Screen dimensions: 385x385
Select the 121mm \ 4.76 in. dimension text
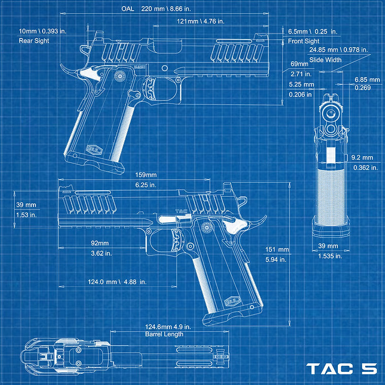click(200, 21)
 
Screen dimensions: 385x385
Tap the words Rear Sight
click(34, 41)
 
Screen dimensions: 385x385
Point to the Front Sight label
click(304, 41)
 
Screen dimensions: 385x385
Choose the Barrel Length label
click(164, 334)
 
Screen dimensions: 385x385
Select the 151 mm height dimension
click(277, 250)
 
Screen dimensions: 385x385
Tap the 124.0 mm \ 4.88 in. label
click(110, 282)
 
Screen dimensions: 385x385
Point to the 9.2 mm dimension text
click(362, 158)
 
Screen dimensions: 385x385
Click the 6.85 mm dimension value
click(367, 80)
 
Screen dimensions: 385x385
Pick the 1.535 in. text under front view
click(330, 256)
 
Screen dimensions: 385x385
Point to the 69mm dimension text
click(299, 64)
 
